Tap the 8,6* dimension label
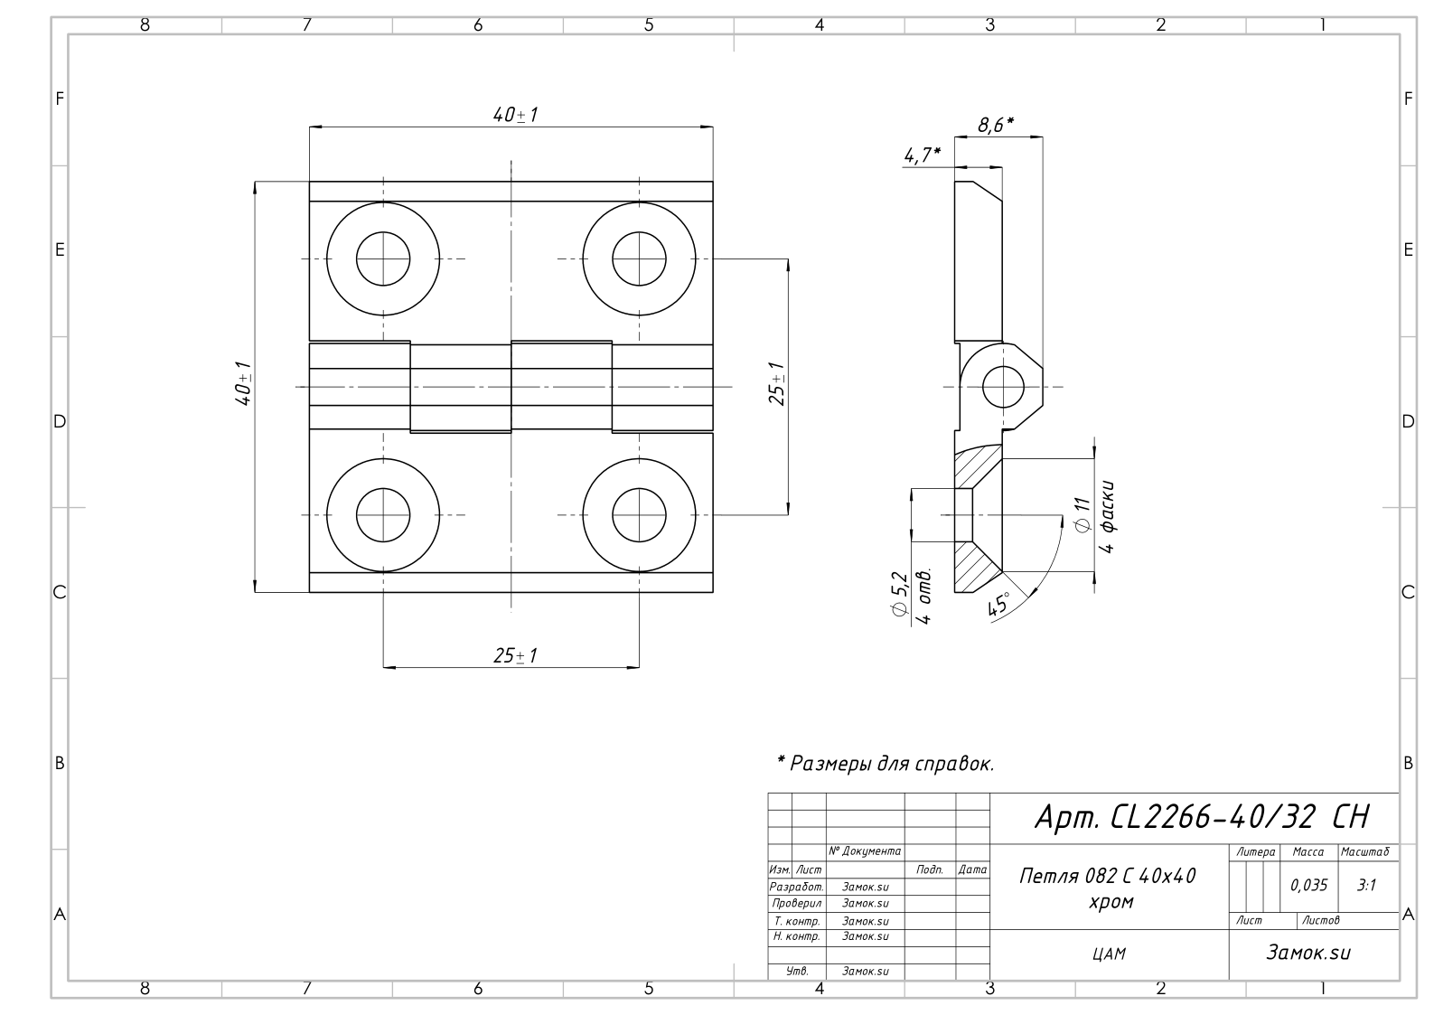(996, 124)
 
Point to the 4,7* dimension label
(922, 155)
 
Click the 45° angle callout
(998, 603)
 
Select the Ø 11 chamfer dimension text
(1083, 514)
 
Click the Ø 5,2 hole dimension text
(899, 594)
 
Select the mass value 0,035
(1308, 885)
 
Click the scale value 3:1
(1366, 885)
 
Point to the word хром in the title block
(1111, 902)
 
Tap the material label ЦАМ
(1109, 954)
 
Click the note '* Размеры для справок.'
(886, 763)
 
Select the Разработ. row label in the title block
(796, 887)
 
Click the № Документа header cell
(865, 851)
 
